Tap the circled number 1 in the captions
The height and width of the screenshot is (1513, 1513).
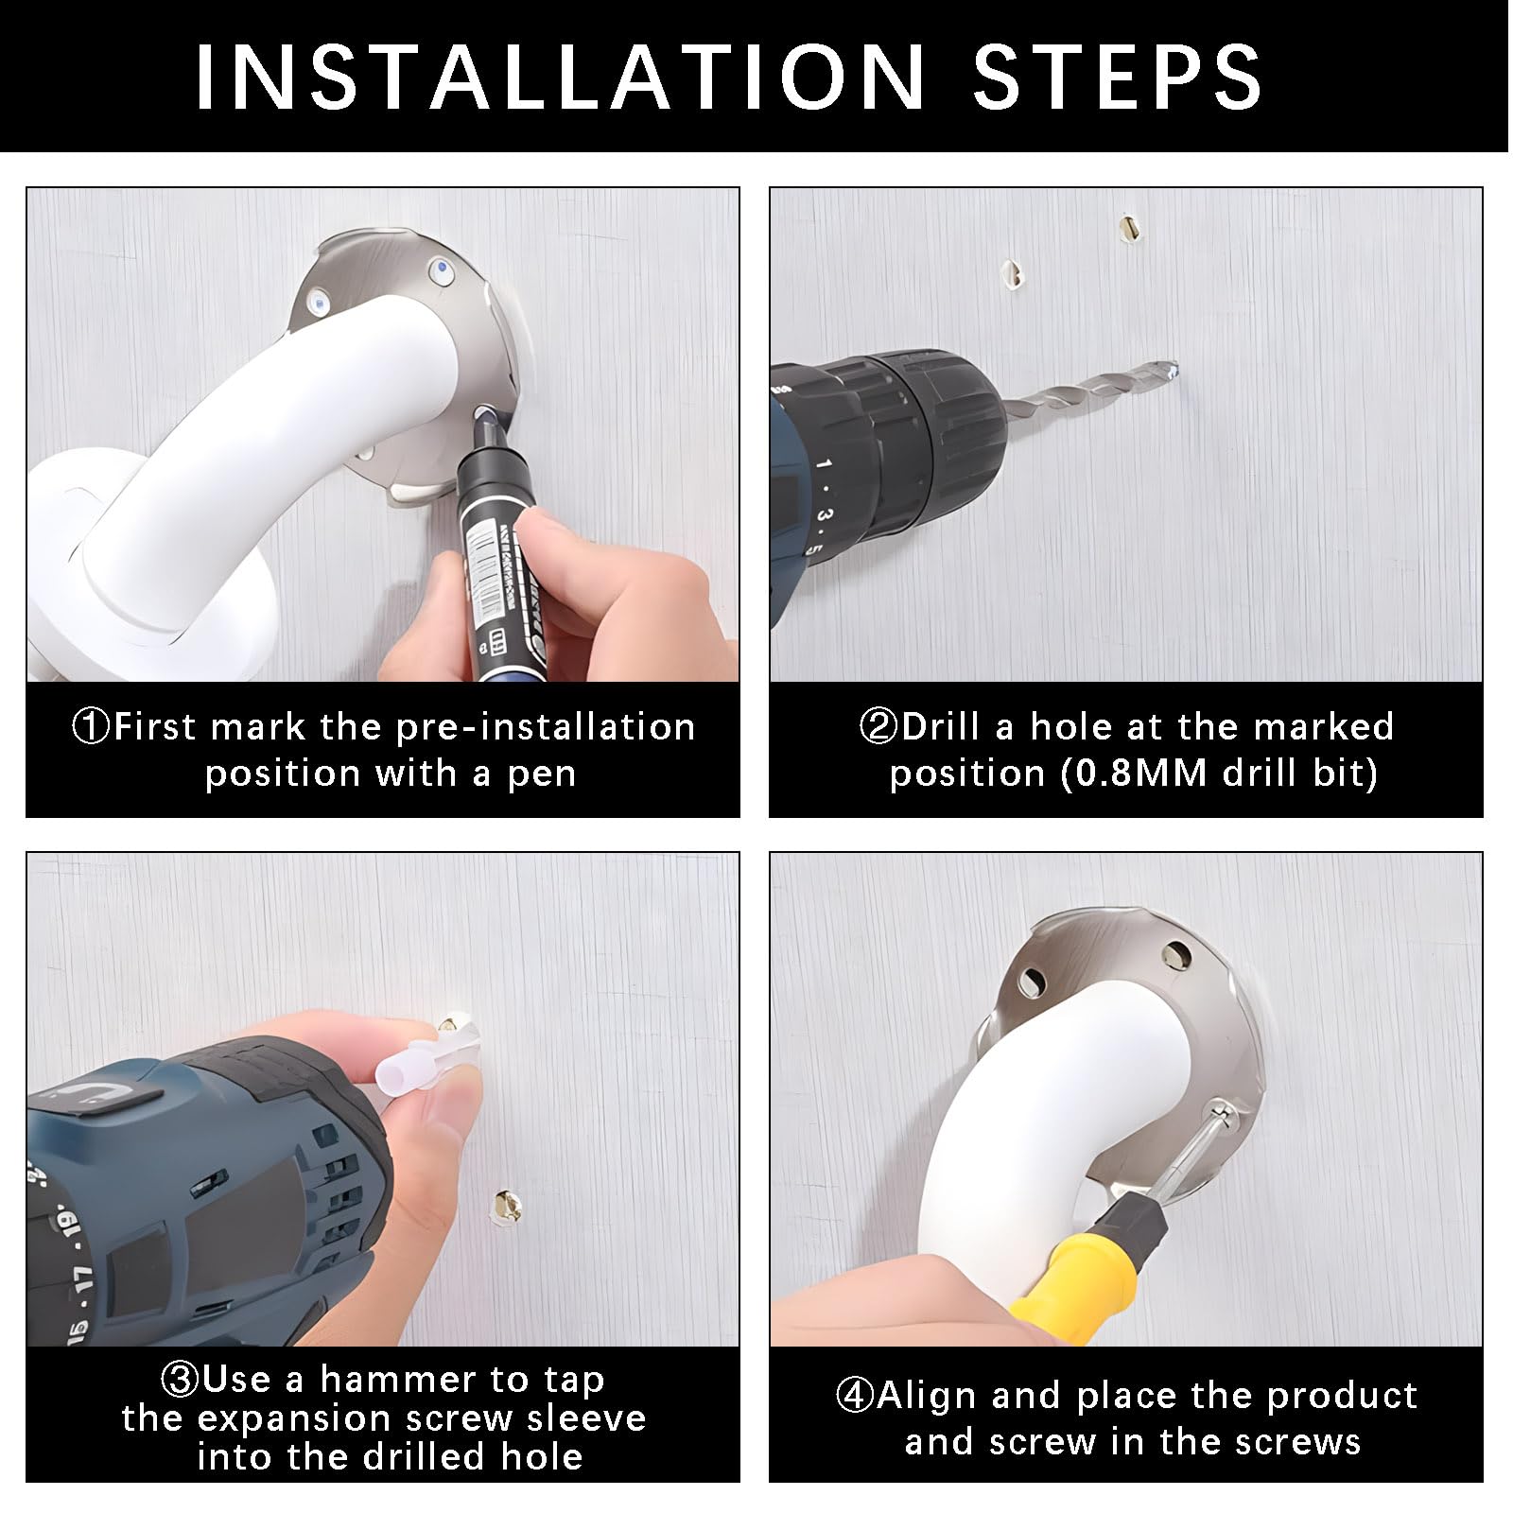click(92, 727)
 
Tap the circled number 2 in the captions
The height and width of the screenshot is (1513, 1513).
click(878, 727)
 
